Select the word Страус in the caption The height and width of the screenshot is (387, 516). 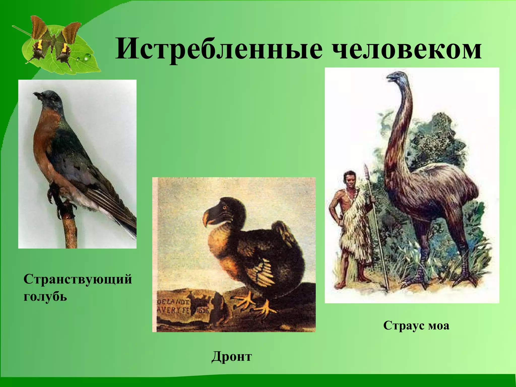click(x=404, y=326)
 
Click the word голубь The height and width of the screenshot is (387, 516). click(x=45, y=296)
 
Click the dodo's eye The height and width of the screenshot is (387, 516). click(x=224, y=208)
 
